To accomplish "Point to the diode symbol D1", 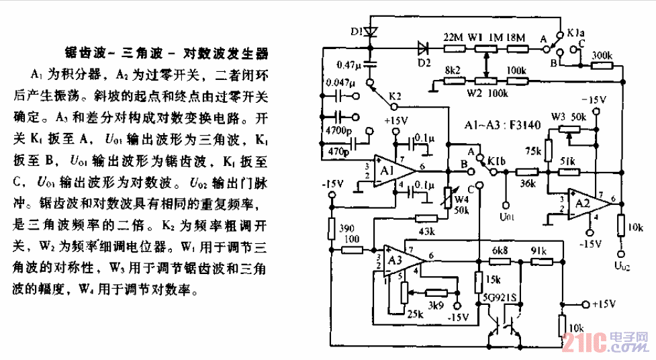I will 371,31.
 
